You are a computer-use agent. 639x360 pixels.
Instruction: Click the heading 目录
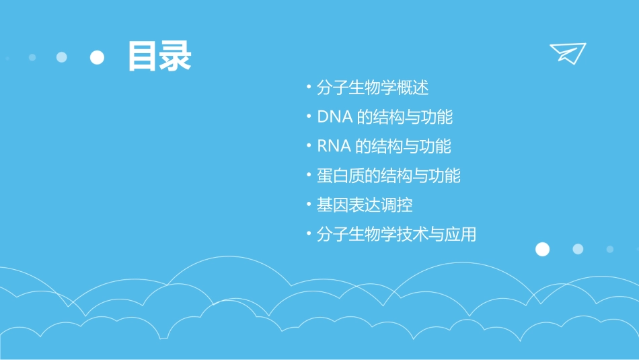(159, 57)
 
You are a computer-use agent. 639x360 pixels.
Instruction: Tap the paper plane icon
(567, 53)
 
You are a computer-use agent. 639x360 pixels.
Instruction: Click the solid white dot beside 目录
(98, 57)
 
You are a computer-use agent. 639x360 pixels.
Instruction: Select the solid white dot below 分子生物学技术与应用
(542, 249)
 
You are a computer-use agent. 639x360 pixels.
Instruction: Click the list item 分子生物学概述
(372, 87)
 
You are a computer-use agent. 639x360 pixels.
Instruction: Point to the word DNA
(334, 117)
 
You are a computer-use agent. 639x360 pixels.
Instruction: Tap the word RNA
(334, 147)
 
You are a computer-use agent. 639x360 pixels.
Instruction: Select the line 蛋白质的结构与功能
(388, 176)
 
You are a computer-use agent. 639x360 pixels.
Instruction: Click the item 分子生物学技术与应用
(396, 235)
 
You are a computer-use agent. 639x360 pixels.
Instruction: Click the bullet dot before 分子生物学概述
(309, 87)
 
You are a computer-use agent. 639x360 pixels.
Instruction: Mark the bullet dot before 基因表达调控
(309, 205)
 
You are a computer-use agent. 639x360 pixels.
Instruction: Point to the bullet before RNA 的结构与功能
(309, 147)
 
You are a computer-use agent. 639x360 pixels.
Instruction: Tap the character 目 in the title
(143, 57)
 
